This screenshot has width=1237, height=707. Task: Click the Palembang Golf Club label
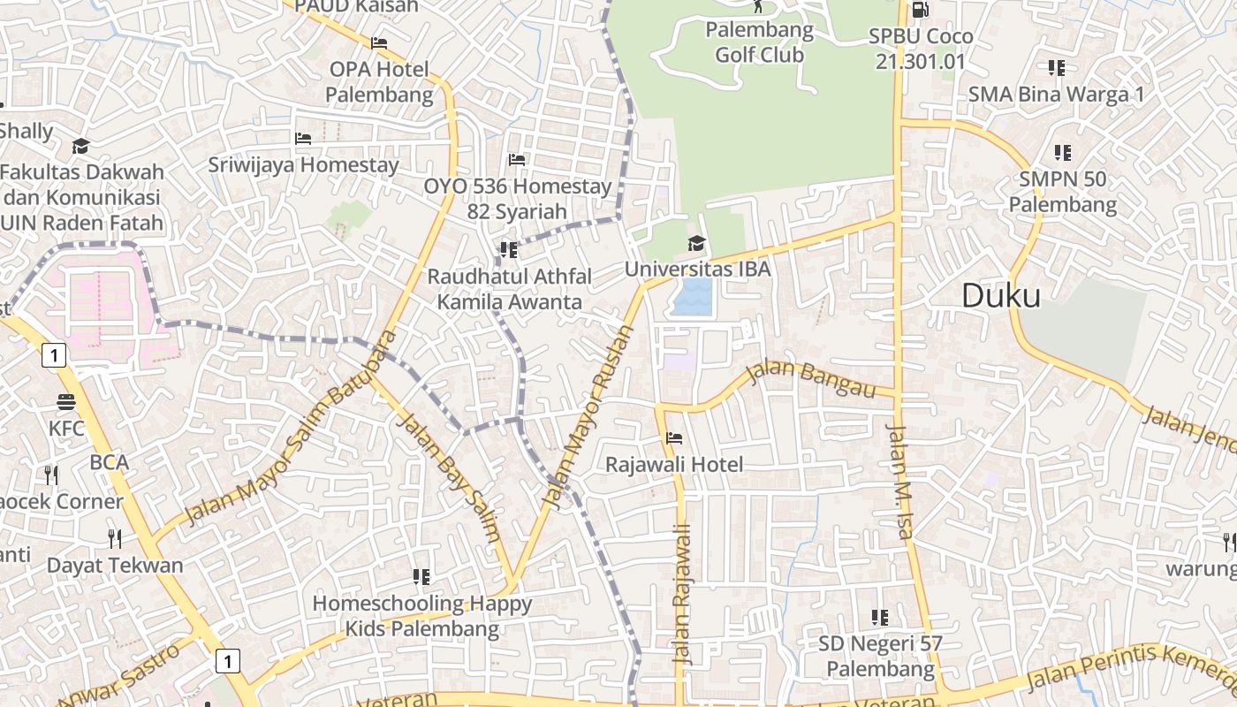[759, 42]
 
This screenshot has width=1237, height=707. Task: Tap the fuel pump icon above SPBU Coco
[920, 10]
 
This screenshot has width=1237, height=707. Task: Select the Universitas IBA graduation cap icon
[697, 243]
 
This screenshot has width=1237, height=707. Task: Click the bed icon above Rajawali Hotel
[674, 438]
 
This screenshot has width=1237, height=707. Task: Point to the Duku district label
[1000, 296]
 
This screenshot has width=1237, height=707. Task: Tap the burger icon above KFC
[66, 403]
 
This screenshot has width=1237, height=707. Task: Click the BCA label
[109, 462]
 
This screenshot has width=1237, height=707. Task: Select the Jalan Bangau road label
[809, 378]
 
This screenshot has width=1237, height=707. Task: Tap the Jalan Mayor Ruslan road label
[588, 417]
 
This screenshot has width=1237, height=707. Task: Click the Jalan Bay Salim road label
[450, 477]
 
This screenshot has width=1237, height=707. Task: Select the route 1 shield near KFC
[54, 355]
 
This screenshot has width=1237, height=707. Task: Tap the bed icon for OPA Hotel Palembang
[379, 42]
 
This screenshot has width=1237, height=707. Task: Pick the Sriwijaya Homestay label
[303, 164]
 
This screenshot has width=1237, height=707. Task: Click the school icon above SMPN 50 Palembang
[1062, 153]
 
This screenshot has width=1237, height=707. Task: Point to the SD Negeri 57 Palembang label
[879, 656]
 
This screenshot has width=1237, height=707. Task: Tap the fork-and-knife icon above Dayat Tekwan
[114, 538]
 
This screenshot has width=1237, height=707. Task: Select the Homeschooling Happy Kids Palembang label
[422, 616]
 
